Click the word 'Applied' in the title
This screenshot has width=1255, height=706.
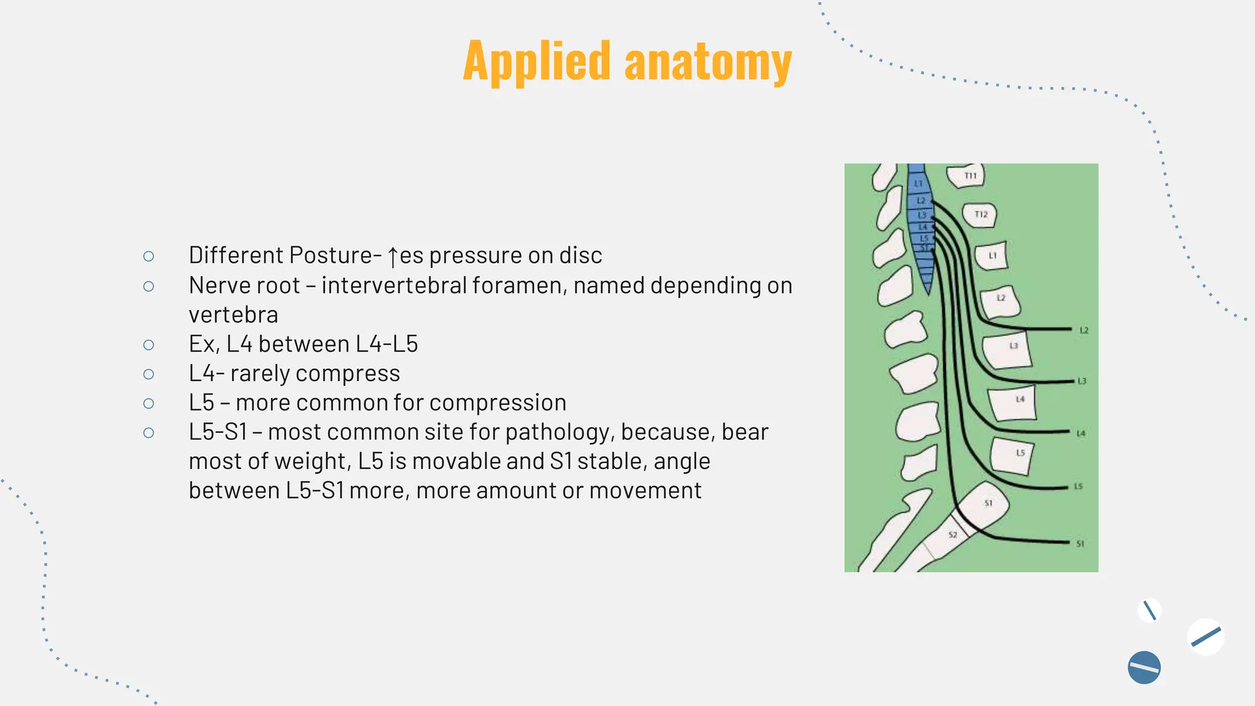point(537,61)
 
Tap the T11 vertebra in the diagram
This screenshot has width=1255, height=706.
point(967,176)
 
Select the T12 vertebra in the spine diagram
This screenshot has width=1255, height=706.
point(980,214)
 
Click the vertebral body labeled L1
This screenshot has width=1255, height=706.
point(992,256)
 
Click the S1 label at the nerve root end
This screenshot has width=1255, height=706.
point(1080,544)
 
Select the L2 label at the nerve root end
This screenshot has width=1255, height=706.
point(1083,331)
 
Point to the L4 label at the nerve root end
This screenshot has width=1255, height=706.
point(1081,434)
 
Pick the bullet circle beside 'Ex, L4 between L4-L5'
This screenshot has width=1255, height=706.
point(148,345)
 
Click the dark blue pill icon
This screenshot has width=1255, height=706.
point(1143,667)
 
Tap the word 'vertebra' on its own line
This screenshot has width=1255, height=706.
point(233,315)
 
